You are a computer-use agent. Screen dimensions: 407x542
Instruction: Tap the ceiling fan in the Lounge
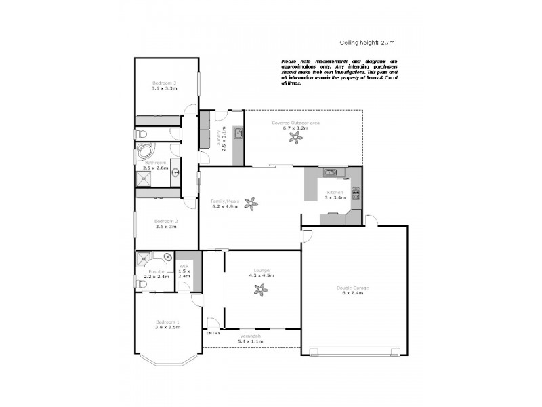pyautogui.click(x=261, y=290)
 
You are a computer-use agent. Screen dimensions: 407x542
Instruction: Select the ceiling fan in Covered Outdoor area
pyautogui.click(x=296, y=138)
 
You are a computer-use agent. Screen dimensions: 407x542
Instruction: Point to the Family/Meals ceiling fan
pyautogui.click(x=251, y=201)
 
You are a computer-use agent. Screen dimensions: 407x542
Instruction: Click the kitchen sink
pyautogui.click(x=330, y=172)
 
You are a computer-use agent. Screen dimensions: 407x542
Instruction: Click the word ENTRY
pyautogui.click(x=213, y=333)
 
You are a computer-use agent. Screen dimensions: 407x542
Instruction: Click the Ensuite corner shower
pyautogui.click(x=144, y=259)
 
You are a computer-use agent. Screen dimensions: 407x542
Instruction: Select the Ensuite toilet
pyautogui.click(x=140, y=284)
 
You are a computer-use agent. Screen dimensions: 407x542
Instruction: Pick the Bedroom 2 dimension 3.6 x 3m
pyautogui.click(x=165, y=227)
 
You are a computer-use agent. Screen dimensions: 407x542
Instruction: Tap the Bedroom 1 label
pyautogui.click(x=167, y=322)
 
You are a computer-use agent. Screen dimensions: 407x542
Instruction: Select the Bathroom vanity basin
pyautogui.click(x=175, y=172)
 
